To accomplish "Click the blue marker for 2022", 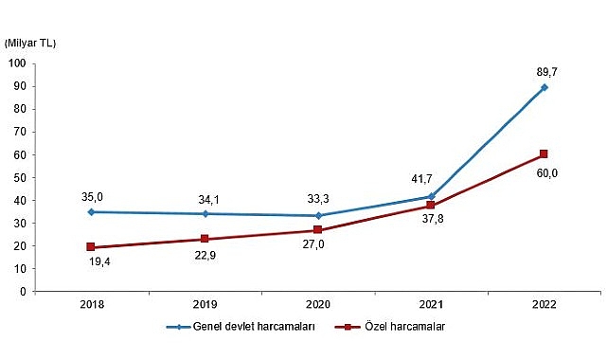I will (x=545, y=87).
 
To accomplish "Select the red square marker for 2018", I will (x=92, y=247).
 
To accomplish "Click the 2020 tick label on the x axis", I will (x=317, y=305).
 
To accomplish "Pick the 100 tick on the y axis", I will (x=17, y=63).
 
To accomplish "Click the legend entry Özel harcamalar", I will (x=392, y=328).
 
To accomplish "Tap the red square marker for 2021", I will (x=431, y=206).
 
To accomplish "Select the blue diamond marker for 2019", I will (x=205, y=214).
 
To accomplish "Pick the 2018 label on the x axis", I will (x=92, y=305).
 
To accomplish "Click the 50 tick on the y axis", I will (x=20, y=177).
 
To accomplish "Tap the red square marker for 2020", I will (x=318, y=230).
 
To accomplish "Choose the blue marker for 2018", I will (x=92, y=212).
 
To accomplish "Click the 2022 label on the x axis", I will (x=544, y=305).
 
